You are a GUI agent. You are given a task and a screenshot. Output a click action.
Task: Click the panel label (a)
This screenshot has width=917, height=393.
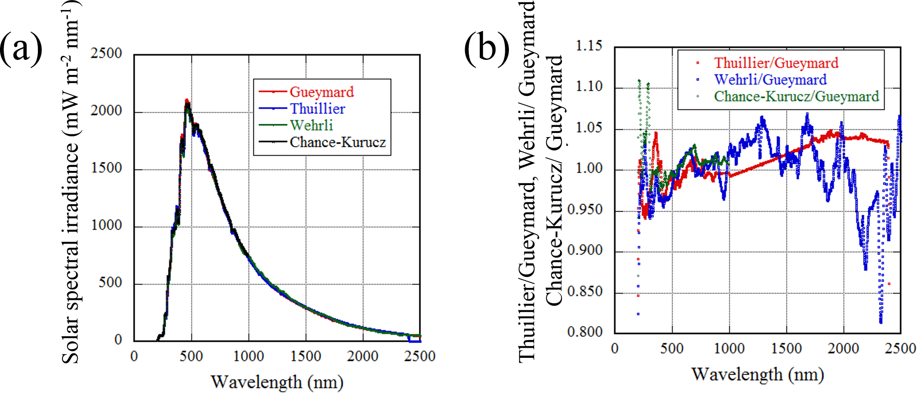pyautogui.click(x=21, y=48)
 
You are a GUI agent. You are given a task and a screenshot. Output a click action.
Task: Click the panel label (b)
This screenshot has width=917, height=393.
pyautogui.click(x=487, y=48)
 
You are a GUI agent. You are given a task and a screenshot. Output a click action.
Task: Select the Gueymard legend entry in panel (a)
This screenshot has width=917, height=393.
pyautogui.click(x=321, y=92)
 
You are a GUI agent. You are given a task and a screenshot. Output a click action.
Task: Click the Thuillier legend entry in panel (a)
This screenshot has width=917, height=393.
pyautogui.click(x=317, y=109)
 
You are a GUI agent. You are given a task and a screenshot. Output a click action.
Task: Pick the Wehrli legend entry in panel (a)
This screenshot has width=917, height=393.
pyautogui.click(x=311, y=125)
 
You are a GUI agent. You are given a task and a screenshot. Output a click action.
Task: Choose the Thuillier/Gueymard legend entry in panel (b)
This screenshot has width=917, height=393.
pyautogui.click(x=776, y=63)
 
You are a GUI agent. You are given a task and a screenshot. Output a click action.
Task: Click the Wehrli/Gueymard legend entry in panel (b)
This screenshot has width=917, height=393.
pyautogui.click(x=770, y=80)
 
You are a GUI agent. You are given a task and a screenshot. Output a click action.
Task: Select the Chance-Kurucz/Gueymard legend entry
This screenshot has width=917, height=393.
pyautogui.click(x=796, y=96)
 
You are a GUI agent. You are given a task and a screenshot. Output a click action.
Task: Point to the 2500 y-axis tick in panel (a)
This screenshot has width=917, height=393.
pyautogui.click(x=106, y=53)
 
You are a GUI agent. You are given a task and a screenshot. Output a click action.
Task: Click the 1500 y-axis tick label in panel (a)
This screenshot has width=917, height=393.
pyautogui.click(x=106, y=168)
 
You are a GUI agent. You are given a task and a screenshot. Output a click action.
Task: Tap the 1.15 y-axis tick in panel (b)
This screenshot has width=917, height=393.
pyautogui.click(x=589, y=46)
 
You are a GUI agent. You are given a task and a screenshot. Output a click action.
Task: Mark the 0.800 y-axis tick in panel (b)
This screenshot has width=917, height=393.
pyautogui.click(x=585, y=332)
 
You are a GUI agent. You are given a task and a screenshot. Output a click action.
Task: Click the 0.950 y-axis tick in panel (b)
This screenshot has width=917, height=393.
pyautogui.click(x=585, y=210)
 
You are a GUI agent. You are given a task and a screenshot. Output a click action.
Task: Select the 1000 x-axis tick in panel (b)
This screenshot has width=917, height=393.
pyautogui.click(x=729, y=349)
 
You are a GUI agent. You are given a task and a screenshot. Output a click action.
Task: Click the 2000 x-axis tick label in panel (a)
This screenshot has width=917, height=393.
pyautogui.click(x=362, y=356)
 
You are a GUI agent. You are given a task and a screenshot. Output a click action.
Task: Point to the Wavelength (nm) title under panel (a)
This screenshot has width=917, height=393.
pyautogui.click(x=277, y=382)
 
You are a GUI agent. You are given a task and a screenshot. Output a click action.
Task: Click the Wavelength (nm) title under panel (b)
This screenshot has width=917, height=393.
pyautogui.click(x=757, y=374)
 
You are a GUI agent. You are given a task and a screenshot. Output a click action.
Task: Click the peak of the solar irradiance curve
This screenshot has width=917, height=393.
pyautogui.click(x=186, y=101)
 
